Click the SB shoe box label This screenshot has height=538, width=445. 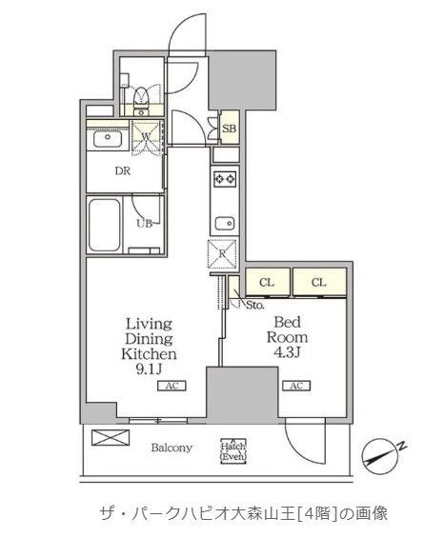point(229,129)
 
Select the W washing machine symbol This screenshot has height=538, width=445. point(147,136)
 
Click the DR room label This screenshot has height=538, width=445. point(123,170)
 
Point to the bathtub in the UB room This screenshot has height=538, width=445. point(105,225)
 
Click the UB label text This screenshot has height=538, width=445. point(145,224)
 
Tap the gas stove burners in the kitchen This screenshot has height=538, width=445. point(225,179)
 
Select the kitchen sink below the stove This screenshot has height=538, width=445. point(225,224)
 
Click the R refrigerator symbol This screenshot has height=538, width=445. point(223,253)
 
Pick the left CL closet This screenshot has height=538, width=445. point(268,282)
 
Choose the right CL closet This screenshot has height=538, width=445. point(319,282)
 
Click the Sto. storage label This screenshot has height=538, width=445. point(254,305)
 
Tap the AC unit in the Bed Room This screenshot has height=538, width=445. point(296,386)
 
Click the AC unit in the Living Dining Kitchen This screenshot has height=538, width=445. point(172,386)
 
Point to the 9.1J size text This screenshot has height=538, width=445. point(149,369)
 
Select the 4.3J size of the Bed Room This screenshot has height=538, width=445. point(287,352)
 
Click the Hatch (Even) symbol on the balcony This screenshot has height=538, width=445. point(233,451)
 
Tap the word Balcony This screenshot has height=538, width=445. point(172,448)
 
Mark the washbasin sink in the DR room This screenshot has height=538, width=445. point(108,139)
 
